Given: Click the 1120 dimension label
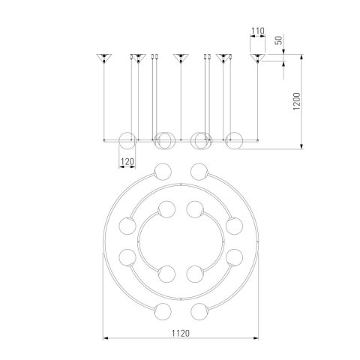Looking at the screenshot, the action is coord(181,333).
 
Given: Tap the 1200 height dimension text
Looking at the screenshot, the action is coord(296,101).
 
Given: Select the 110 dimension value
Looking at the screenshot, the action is coord(258,31).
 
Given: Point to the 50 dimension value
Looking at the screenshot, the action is coord(278,40).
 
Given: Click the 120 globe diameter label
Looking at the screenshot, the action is coord(127,162).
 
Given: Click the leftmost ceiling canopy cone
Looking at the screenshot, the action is coord(104,58).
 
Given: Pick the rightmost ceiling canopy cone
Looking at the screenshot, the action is coord(257,58).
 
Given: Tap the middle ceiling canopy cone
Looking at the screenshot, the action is coord(181,58).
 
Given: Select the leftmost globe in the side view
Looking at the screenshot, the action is coord(127,141).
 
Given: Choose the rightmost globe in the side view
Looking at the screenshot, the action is coord(234,141).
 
